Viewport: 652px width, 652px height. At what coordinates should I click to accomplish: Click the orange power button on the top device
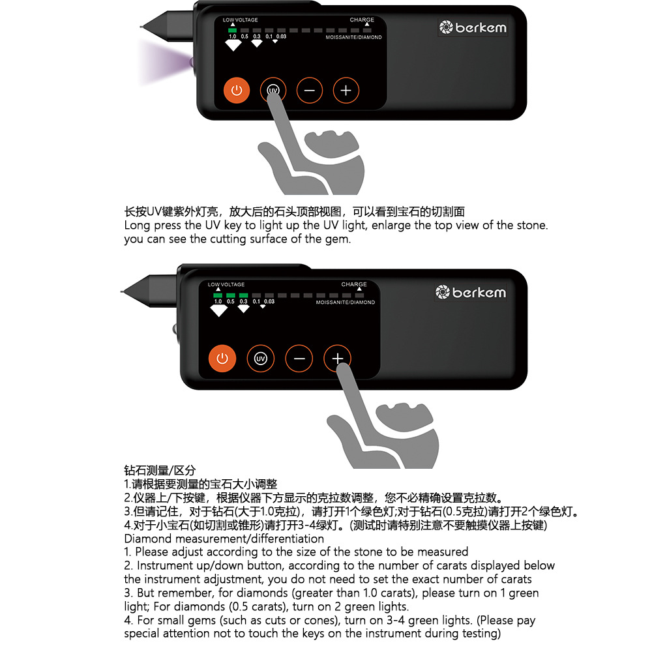pos(237,91)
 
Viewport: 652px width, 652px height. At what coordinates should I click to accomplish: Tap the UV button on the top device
pos(273,91)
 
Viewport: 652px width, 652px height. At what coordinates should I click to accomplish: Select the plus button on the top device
pos(346,91)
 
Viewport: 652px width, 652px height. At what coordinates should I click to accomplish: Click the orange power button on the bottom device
pos(222,359)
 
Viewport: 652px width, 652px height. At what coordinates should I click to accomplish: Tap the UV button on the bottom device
pos(261,359)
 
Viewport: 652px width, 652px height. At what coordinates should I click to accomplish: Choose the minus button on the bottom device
pos(299,359)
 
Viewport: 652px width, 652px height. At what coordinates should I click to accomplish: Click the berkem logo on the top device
pos(473,27)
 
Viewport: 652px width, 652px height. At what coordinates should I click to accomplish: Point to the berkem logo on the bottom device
pos(470,292)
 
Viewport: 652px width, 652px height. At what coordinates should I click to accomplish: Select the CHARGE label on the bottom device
pos(354,285)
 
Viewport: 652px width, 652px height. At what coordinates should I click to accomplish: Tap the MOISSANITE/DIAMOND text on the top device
pos(354,37)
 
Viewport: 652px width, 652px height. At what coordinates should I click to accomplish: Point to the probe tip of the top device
pos(142,28)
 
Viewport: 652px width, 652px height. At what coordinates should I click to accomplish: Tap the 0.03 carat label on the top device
pos(281,37)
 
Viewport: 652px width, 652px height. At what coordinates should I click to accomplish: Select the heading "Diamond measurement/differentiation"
pos(224,539)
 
